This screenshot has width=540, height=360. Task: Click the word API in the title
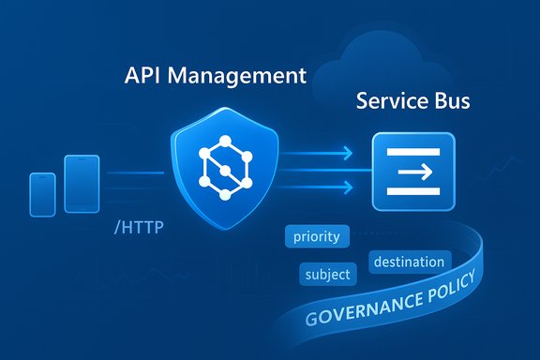pyautogui.click(x=142, y=77)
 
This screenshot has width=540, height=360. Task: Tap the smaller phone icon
pyautogui.click(x=43, y=194)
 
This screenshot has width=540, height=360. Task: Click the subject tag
pyautogui.click(x=328, y=275)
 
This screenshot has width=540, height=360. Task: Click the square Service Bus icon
pyautogui.click(x=413, y=172)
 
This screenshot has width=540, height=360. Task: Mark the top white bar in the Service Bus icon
pyautogui.click(x=413, y=152)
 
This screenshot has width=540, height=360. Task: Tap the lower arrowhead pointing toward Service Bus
pyautogui.click(x=346, y=186)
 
